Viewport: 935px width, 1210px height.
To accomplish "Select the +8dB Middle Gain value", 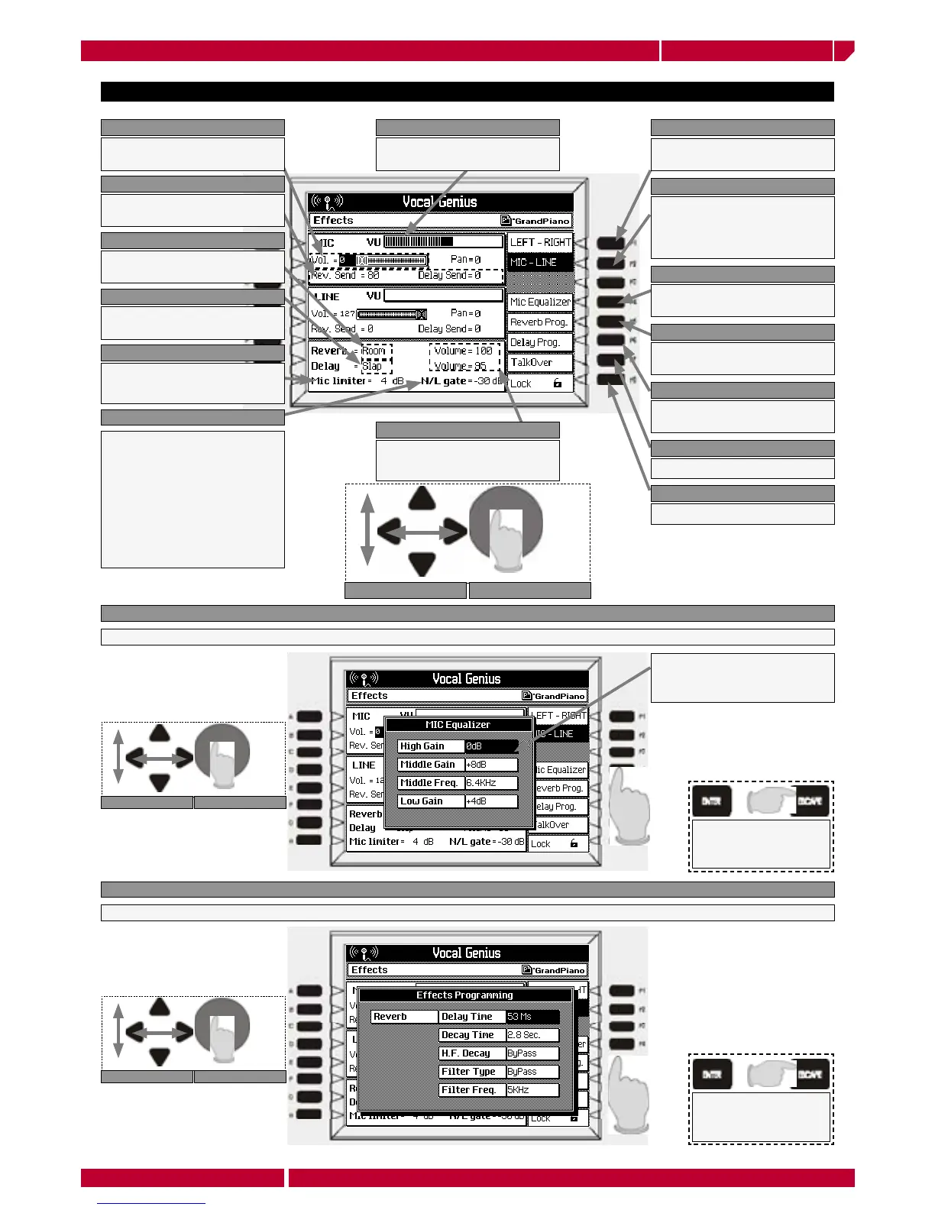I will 491,765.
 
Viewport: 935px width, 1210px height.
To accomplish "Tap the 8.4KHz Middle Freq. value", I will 491,783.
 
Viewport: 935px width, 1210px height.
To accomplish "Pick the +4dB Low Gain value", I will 491,801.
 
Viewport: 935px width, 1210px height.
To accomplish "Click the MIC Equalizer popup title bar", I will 458,725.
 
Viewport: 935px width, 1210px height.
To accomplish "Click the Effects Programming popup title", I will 464,995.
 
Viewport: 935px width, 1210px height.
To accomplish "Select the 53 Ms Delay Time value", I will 532,1017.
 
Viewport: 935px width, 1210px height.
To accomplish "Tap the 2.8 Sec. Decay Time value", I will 532,1035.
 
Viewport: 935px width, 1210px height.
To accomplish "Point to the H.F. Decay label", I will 472,1053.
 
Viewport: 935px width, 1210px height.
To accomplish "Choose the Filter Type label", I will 472,1072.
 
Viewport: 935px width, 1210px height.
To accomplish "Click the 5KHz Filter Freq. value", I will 532,1090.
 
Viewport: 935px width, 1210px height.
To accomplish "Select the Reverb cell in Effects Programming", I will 404,1017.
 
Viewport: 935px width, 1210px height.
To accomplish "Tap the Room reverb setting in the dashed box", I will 374,351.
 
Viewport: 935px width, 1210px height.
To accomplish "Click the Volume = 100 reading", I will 464,351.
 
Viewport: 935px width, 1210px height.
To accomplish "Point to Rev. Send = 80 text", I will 345,275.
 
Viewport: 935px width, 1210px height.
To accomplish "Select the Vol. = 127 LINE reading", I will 333,313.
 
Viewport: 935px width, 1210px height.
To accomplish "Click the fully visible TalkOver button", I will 539,363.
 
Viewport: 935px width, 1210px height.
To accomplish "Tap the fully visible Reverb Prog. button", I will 539,322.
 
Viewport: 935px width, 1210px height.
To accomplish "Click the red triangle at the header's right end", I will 843,50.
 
